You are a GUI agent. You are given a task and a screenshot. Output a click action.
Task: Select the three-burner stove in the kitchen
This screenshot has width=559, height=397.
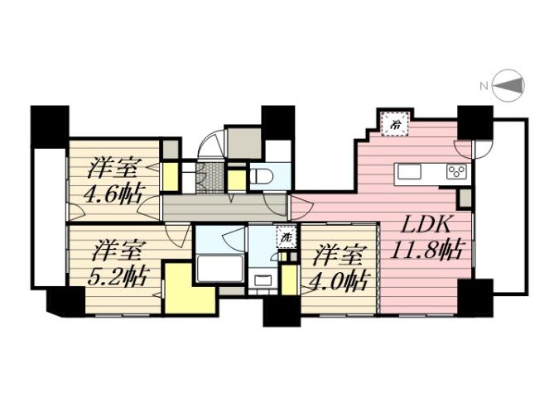click(x=456, y=171)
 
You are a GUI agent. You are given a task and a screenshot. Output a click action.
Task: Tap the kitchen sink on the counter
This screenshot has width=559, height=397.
click(x=411, y=171)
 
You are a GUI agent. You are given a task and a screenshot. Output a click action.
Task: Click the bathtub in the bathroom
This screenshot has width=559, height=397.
click(x=219, y=270)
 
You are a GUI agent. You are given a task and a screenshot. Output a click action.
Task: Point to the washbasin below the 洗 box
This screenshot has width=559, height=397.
click(x=263, y=280)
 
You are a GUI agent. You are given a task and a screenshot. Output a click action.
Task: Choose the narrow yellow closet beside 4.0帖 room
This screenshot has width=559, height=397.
click(x=289, y=280)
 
